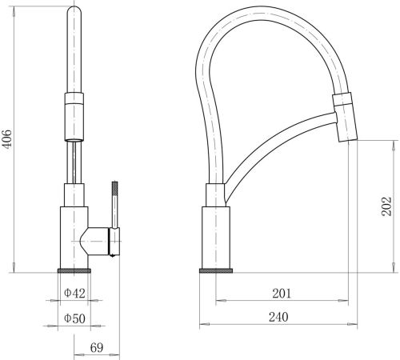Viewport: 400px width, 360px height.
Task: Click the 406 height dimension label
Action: tap(6, 139)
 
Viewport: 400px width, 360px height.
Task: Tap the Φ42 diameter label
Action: tap(74, 294)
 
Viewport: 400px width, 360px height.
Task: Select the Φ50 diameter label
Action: tap(74, 318)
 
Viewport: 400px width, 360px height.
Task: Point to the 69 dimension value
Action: tap(97, 348)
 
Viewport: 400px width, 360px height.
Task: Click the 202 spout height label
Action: tap(386, 206)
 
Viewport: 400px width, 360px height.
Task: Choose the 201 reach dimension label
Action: tap(282, 294)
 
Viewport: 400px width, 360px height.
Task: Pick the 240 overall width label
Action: tap(278, 317)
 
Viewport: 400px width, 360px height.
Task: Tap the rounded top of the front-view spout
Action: tap(74, 11)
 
